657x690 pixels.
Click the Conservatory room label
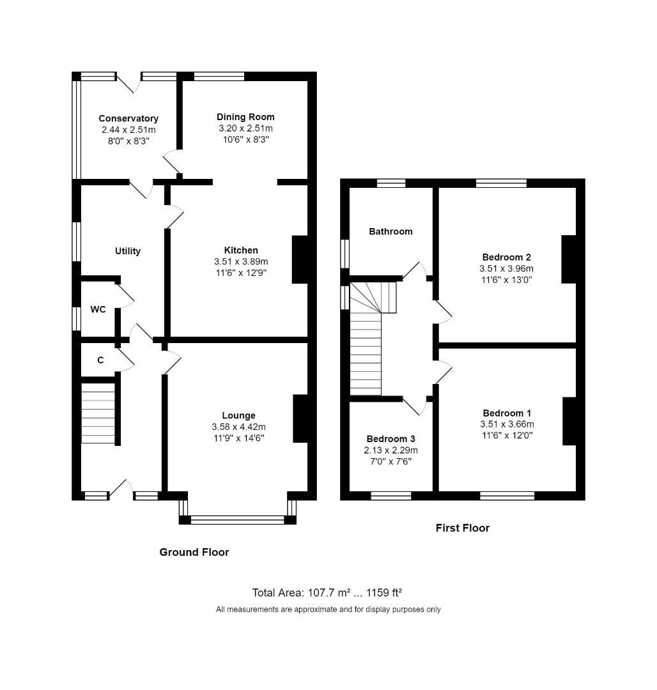(x=128, y=118)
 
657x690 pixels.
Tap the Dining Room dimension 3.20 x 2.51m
(x=245, y=128)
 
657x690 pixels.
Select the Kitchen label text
(x=241, y=250)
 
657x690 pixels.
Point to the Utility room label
(x=128, y=251)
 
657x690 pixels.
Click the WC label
(x=98, y=310)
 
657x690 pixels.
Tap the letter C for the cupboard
(x=100, y=360)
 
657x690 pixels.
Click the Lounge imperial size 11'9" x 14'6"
(x=238, y=438)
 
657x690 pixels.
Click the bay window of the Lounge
(x=238, y=519)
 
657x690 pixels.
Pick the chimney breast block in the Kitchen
(x=300, y=259)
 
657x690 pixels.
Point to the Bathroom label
(x=390, y=231)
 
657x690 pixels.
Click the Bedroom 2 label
(x=506, y=257)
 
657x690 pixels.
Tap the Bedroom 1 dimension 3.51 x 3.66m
(x=507, y=424)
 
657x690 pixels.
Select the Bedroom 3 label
(x=390, y=439)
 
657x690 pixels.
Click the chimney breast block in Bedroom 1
(x=569, y=421)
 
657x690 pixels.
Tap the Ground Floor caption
(x=194, y=552)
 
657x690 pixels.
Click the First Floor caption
(x=462, y=528)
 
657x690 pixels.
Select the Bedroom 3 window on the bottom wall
(x=390, y=495)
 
